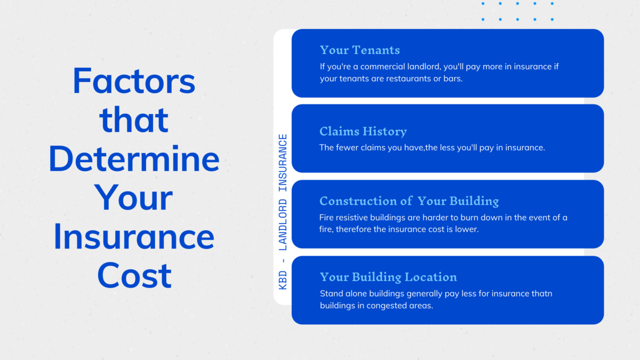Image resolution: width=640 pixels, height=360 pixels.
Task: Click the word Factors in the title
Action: [134, 82]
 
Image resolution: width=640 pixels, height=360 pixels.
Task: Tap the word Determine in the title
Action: [134, 159]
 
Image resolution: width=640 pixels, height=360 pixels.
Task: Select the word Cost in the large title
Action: [134, 275]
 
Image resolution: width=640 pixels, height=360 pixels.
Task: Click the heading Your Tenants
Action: [359, 50]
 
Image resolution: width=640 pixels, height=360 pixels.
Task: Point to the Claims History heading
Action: [363, 131]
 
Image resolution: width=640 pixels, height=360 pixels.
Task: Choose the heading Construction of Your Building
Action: [409, 201]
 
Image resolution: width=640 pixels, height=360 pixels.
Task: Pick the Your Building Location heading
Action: [388, 277]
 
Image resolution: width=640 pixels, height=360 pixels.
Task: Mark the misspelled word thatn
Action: [541, 293]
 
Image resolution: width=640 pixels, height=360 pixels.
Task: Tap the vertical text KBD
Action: [283, 280]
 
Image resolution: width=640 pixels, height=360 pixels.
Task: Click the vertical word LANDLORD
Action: [283, 225]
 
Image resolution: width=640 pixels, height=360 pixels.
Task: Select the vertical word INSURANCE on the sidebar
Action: [283, 163]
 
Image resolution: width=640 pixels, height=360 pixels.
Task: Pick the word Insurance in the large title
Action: [134, 237]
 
